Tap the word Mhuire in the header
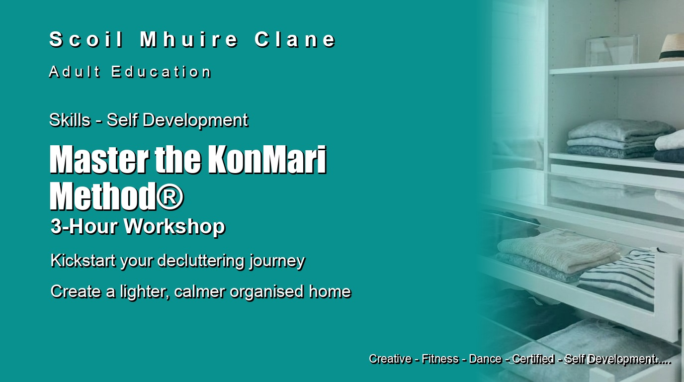189,39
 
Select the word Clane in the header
295,39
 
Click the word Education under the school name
161,72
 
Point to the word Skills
70,120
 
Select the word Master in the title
99,160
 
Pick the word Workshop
174,227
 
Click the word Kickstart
84,261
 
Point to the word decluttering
201,261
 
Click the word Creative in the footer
390,359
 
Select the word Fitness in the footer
440,359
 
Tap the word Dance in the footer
485,359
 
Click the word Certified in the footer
533,359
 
